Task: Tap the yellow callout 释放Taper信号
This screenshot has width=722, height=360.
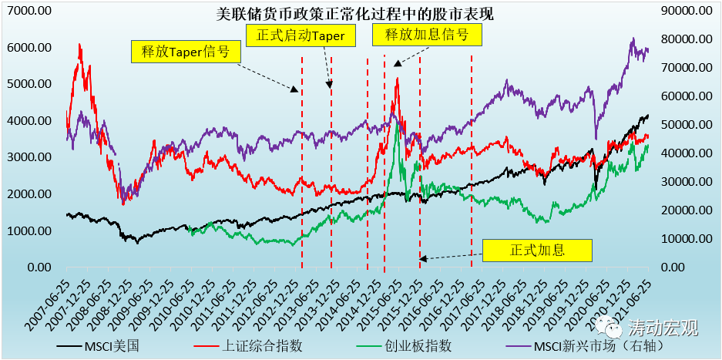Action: (185, 52)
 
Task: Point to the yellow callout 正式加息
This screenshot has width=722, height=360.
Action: (537, 250)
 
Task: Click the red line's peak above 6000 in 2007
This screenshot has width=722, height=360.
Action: (79, 45)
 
